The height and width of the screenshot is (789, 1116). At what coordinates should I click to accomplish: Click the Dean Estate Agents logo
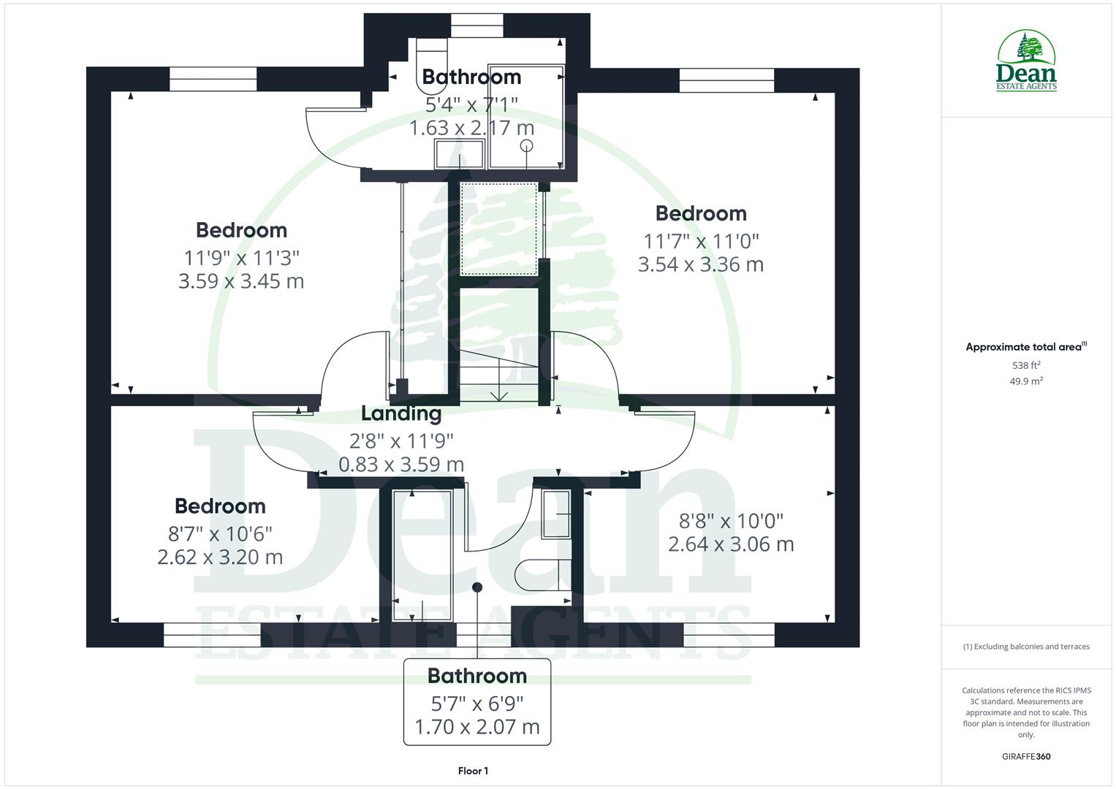1026,61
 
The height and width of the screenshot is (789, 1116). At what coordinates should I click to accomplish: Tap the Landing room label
401,413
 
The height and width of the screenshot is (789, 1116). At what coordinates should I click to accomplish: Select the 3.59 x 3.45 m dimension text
241,281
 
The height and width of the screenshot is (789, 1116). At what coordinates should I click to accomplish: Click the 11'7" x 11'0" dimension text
701,240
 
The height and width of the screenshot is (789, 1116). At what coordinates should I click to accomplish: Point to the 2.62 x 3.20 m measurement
220,557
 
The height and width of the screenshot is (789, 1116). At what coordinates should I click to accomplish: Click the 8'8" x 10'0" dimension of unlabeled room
731,521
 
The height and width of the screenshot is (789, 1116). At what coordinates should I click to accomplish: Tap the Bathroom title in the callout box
477,676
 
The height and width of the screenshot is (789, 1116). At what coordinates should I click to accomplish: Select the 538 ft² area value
1026,365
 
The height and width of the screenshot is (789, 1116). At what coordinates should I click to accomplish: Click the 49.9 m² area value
1026,381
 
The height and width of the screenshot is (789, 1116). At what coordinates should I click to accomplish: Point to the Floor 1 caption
473,771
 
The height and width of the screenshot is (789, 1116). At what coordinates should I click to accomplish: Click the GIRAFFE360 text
1026,757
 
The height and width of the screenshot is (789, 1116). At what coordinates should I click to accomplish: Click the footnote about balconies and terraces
1026,647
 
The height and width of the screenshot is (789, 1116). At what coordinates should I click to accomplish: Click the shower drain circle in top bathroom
527,146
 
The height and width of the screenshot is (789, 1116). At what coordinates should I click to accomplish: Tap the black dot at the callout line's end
477,587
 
